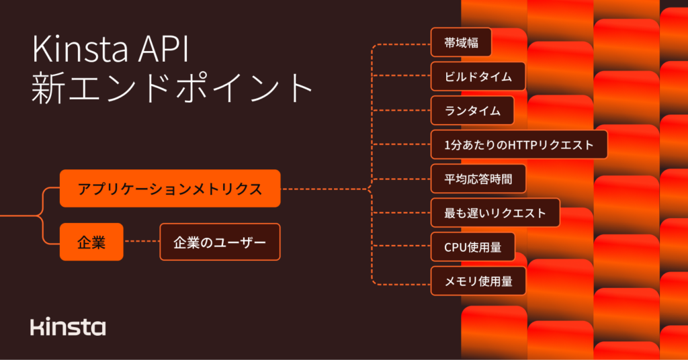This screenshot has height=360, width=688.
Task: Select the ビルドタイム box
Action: click(x=478, y=77)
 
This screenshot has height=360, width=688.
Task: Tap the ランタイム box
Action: click(x=472, y=111)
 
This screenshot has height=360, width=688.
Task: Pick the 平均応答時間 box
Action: click(x=478, y=179)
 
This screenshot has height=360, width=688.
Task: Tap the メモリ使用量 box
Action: click(x=478, y=281)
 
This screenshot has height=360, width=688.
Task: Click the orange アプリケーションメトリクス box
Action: click(x=169, y=189)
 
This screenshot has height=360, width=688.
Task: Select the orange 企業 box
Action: click(x=91, y=242)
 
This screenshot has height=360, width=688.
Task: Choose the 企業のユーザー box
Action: click(x=220, y=242)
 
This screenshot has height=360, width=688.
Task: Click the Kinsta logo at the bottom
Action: click(x=68, y=327)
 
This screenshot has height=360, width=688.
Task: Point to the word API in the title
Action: click(x=172, y=52)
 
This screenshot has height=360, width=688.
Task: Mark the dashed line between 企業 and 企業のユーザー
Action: click(x=142, y=242)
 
